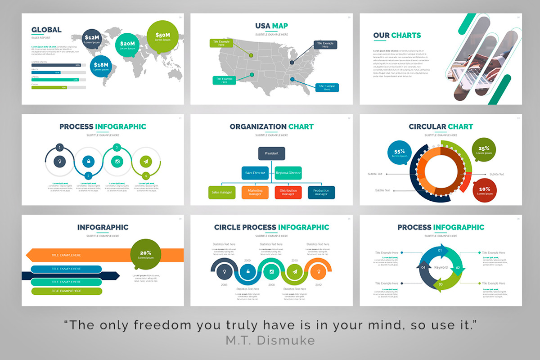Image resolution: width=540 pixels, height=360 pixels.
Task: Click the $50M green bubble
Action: coord(162,36)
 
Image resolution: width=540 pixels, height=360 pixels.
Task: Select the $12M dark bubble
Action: coord(92,39)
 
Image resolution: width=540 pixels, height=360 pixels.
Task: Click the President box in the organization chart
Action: coord(271,153)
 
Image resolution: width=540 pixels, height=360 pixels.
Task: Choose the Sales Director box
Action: coord(255,173)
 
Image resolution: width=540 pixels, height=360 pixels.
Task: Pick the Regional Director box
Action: coord(288,173)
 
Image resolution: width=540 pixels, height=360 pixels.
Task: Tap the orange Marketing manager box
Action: coord(255,193)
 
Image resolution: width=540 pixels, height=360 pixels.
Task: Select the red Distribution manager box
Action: coord(288,193)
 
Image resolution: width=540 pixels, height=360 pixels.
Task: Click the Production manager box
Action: coord(321,193)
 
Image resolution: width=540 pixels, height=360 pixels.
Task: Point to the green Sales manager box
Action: coord(222,193)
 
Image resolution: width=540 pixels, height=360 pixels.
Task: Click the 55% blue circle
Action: coord(400,153)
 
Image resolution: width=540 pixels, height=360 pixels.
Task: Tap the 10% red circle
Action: coord(484,191)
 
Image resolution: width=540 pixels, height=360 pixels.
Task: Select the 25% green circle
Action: coord(484,150)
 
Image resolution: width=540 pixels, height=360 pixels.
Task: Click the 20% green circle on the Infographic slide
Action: coord(145,255)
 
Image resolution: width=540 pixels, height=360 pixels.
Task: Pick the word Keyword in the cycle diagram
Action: coord(441,267)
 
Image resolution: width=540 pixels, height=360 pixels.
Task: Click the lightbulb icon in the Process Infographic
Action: coord(59,162)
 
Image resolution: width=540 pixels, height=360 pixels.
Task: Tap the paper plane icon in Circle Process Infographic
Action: coord(294,272)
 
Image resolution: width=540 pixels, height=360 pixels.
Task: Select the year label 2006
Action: coord(224,285)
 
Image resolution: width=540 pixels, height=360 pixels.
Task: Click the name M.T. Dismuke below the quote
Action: coord(270,341)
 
